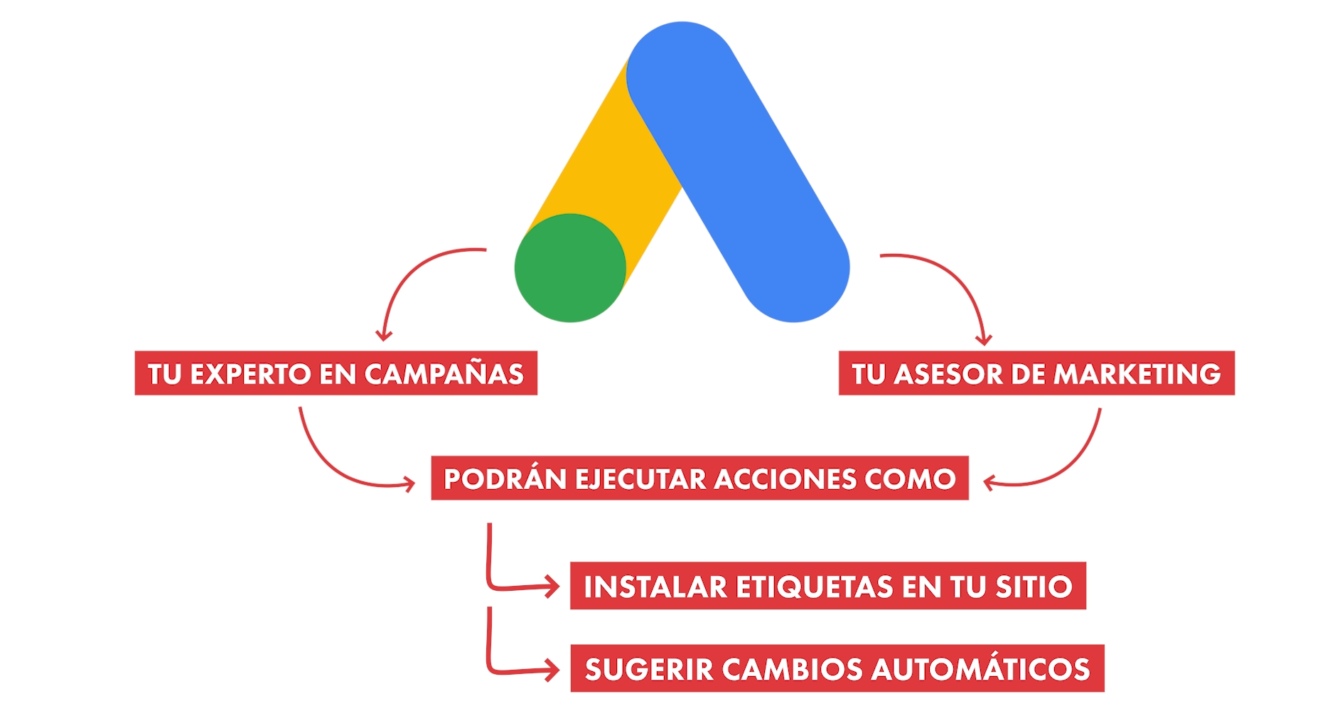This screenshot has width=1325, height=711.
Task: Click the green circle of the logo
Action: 570,268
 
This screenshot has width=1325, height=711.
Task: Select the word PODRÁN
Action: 505,479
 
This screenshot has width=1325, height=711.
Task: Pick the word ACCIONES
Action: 785,479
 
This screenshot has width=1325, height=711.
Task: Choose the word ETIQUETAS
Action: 814,587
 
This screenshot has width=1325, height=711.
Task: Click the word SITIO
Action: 1034,587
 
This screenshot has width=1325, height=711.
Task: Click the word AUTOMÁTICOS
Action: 981,670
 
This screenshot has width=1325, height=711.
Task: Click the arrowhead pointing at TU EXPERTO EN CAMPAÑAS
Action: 384,334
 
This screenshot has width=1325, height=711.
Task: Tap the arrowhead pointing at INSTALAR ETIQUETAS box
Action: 553,587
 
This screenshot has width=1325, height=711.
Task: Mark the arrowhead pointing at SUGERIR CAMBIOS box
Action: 553,670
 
